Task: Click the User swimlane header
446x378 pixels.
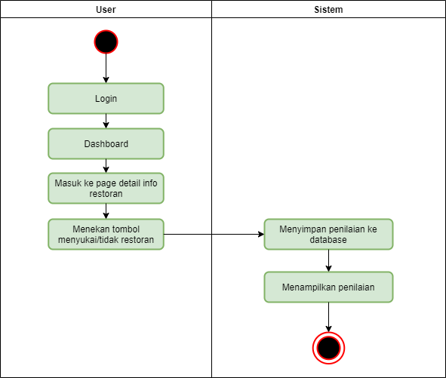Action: (x=106, y=9)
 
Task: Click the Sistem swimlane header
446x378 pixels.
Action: (x=328, y=9)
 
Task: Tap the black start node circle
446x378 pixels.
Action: (x=106, y=41)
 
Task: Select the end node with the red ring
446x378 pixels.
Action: (x=328, y=347)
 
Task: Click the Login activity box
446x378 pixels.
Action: (x=106, y=98)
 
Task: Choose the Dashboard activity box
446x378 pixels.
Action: (x=106, y=143)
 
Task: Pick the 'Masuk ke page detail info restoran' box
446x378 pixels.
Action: (x=106, y=188)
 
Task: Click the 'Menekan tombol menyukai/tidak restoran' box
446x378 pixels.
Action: (x=106, y=234)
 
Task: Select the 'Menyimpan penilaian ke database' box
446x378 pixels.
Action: (x=328, y=234)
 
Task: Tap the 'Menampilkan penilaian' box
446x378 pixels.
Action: (x=328, y=287)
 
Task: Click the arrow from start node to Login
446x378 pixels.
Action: (x=106, y=68)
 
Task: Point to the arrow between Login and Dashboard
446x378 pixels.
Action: (x=106, y=121)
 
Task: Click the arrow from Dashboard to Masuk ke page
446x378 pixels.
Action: (x=106, y=166)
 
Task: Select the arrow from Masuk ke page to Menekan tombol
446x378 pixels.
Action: (x=106, y=211)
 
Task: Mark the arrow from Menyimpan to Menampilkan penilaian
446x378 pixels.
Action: (x=328, y=260)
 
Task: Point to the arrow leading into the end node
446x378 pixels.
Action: (x=328, y=317)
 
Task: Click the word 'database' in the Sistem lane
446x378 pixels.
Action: (x=328, y=240)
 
